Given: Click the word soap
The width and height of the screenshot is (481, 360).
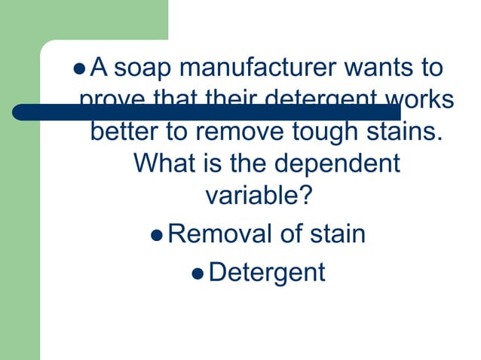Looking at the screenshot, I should [143, 69].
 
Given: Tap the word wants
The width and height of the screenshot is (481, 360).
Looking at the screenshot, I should [375, 69].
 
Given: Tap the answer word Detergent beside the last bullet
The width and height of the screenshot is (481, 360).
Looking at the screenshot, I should [266, 272].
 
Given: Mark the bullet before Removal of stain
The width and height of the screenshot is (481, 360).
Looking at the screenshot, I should [156, 235].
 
